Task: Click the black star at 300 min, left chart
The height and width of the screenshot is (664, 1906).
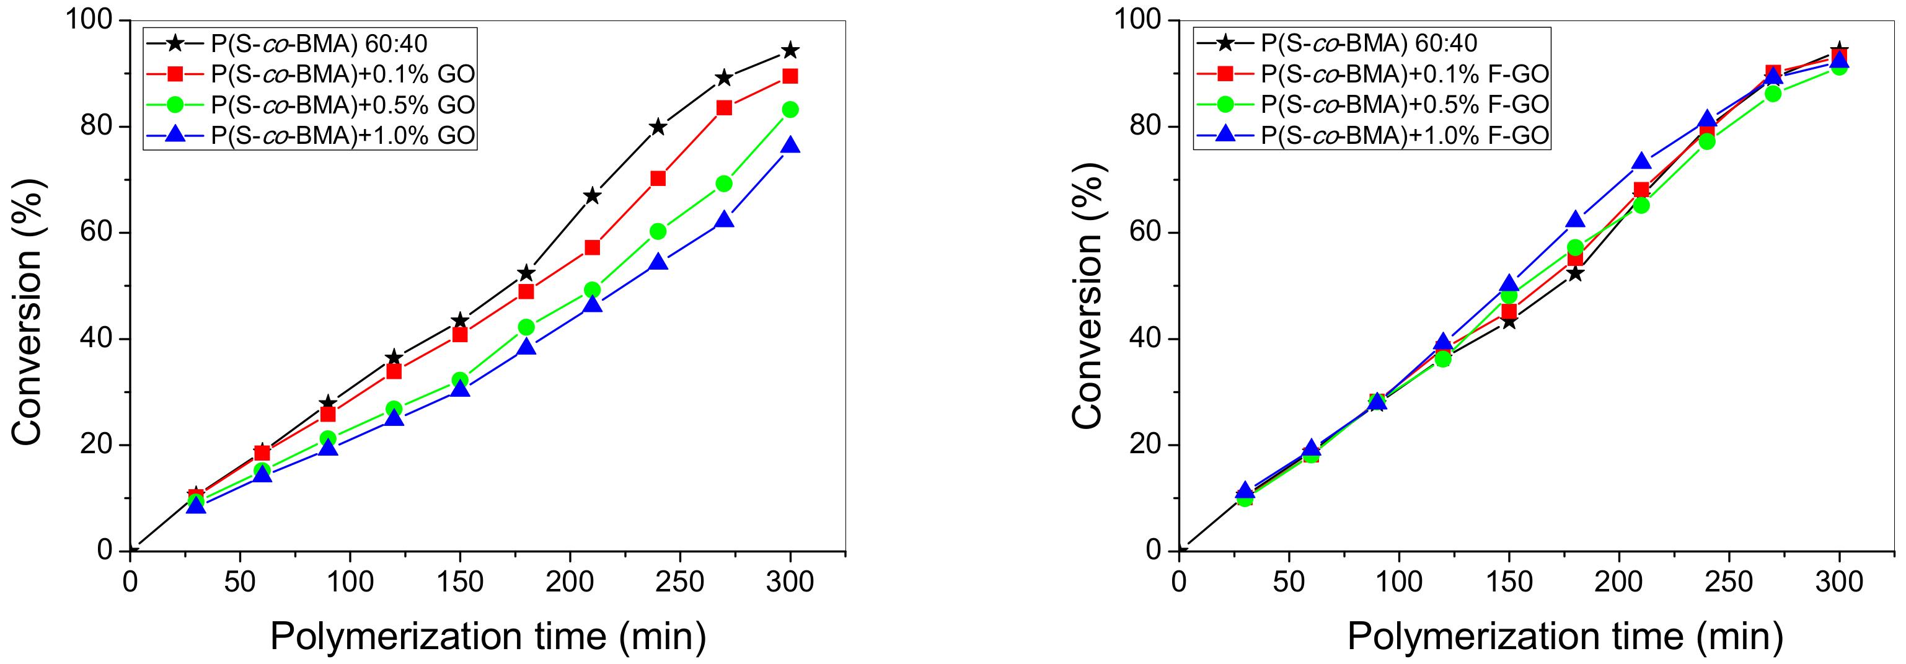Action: (x=790, y=50)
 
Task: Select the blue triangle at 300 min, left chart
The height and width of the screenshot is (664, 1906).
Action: (x=790, y=145)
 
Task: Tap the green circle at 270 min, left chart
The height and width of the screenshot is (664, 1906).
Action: (x=723, y=184)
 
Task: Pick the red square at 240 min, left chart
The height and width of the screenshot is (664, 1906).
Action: (x=658, y=179)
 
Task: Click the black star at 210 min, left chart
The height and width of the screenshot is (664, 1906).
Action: (x=592, y=196)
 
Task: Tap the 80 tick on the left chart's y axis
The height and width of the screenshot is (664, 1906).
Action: (x=96, y=126)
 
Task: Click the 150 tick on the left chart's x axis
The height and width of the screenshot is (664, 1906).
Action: (x=460, y=582)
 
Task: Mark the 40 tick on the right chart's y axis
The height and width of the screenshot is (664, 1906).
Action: (x=1145, y=339)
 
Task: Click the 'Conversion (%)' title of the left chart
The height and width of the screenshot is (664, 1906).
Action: (x=28, y=311)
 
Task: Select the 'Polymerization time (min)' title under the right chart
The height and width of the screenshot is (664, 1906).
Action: (x=1564, y=636)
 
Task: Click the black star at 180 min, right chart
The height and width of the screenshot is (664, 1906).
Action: (x=1575, y=274)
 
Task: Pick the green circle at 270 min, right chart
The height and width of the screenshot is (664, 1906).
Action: (x=1773, y=93)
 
